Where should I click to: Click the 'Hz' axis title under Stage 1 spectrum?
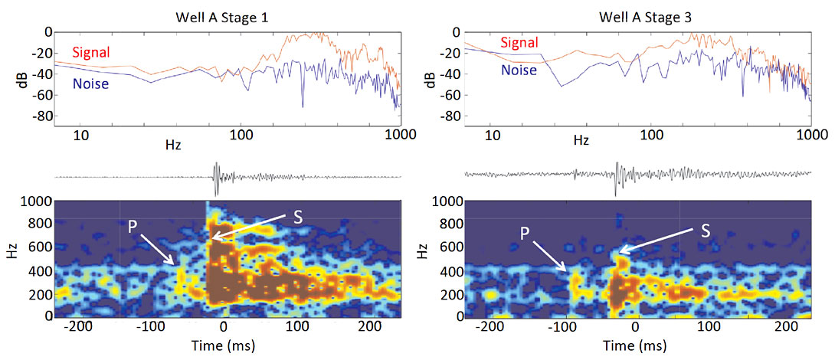tap(173, 143)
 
